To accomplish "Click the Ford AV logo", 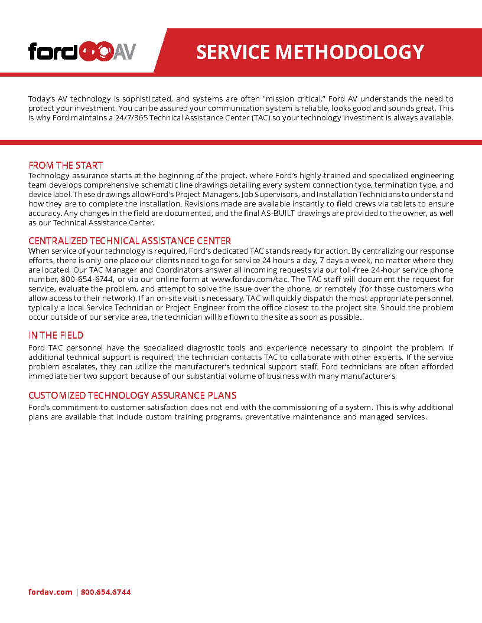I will [x=82, y=51].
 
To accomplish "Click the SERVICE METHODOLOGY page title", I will [x=310, y=52].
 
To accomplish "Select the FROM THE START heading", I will [x=66, y=166].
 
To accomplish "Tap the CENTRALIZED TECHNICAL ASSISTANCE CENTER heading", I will [x=130, y=241].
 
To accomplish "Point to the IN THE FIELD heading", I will [x=56, y=335].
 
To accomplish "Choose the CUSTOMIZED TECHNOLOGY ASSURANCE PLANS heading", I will [x=132, y=395].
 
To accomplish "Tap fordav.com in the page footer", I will [x=50, y=592].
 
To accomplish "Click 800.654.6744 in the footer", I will [x=106, y=592].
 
